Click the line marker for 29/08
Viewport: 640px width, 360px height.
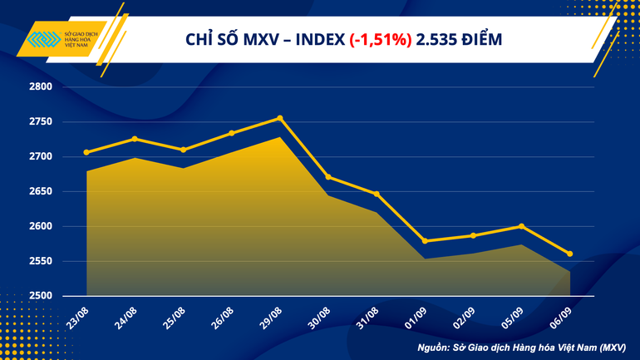pos(279,118)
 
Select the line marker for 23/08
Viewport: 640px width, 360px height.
pos(86,152)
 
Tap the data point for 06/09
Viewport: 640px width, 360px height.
pos(569,254)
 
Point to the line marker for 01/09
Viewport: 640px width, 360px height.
pos(425,241)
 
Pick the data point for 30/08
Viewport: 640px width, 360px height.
pos(328,176)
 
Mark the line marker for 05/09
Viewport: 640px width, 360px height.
pos(521,226)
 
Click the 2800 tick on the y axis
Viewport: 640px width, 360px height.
pos(41,86)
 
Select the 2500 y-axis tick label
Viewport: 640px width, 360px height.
pos(41,296)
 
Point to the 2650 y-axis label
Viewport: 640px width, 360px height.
pos(41,191)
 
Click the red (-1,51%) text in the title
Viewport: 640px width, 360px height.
pos(380,39)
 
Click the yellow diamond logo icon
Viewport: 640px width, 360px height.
pos(42,40)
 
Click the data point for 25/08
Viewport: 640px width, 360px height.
pos(183,150)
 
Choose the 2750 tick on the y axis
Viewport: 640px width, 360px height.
pos(41,121)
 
